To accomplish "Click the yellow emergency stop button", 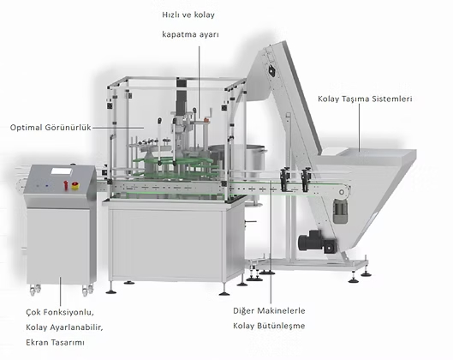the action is pyautogui.click(x=75, y=186).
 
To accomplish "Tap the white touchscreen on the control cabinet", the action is pyautogui.click(x=62, y=171).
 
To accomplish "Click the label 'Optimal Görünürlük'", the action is pyautogui.click(x=51, y=128).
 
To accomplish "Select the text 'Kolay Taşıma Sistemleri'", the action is pyautogui.click(x=365, y=99).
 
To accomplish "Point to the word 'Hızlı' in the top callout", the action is pyautogui.click(x=170, y=15).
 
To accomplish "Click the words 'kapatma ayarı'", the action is pyautogui.click(x=190, y=34).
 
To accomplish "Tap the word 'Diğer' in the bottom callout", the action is pyautogui.click(x=244, y=311).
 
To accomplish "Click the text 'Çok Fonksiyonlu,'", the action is pyautogui.click(x=60, y=313).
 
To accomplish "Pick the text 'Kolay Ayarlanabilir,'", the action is pyautogui.click(x=64, y=327).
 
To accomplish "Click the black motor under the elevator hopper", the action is pyautogui.click(x=317, y=241).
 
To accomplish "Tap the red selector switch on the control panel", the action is pyautogui.click(x=66, y=185).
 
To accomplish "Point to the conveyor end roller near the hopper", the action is pyautogui.click(x=342, y=192).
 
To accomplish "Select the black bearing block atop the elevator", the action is pyautogui.click(x=271, y=70).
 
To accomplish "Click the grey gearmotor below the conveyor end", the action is pyautogui.click(x=340, y=210).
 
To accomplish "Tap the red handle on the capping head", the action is pyautogui.click(x=206, y=119).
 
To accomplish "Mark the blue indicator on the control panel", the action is pyautogui.click(x=47, y=186).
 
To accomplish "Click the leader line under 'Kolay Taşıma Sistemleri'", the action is pyautogui.click(x=360, y=128).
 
